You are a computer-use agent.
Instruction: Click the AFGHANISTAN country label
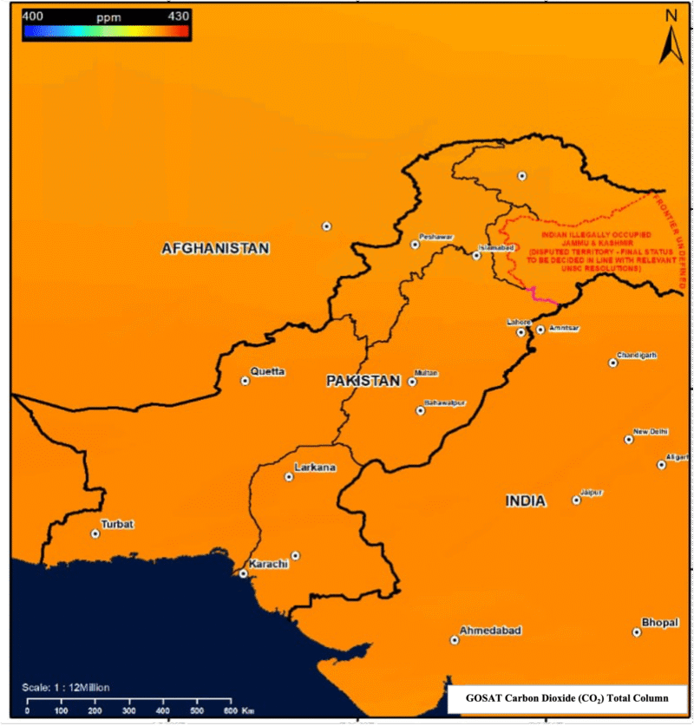[x=215, y=249]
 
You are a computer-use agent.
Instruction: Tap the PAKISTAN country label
[x=363, y=381]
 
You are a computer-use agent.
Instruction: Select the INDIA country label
[x=526, y=501]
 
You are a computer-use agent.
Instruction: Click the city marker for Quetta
[x=245, y=381]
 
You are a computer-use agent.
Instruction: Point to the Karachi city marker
[x=244, y=573]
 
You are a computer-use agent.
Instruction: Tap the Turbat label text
[x=118, y=524]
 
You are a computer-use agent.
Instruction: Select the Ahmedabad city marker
[x=454, y=640]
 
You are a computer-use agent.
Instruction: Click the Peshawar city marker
[x=415, y=245]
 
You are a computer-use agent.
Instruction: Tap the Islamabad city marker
[x=476, y=256]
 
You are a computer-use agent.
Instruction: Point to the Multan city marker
[x=411, y=381]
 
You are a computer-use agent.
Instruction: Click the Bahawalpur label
[x=445, y=402]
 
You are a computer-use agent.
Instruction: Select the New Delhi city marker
[x=628, y=440]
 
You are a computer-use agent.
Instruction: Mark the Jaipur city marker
[x=576, y=500]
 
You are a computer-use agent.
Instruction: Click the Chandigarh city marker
[x=612, y=363]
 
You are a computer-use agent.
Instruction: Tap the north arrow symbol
[x=671, y=39]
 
